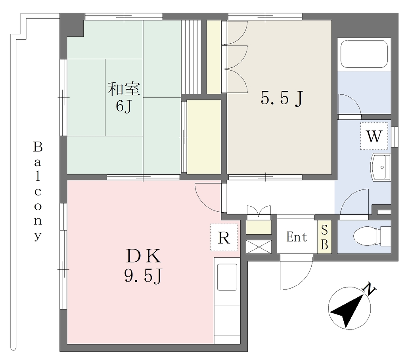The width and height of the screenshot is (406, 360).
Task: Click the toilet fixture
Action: point(372,236)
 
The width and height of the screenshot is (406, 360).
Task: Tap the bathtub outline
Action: point(364,54)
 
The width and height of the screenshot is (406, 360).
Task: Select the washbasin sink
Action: point(380,167)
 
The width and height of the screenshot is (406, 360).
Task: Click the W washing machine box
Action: point(374,136)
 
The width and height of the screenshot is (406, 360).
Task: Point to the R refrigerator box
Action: point(224,237)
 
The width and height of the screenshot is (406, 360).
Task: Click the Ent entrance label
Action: point(297,237)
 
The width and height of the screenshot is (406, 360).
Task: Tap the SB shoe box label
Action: point(324,237)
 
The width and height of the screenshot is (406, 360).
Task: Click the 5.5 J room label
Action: point(282,98)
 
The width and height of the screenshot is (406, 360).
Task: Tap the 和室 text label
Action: point(124,89)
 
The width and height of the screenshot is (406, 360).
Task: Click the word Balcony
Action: point(38,191)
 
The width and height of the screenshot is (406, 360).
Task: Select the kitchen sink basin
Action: point(227,277)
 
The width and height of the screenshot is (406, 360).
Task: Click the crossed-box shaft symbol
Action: point(259,247)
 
